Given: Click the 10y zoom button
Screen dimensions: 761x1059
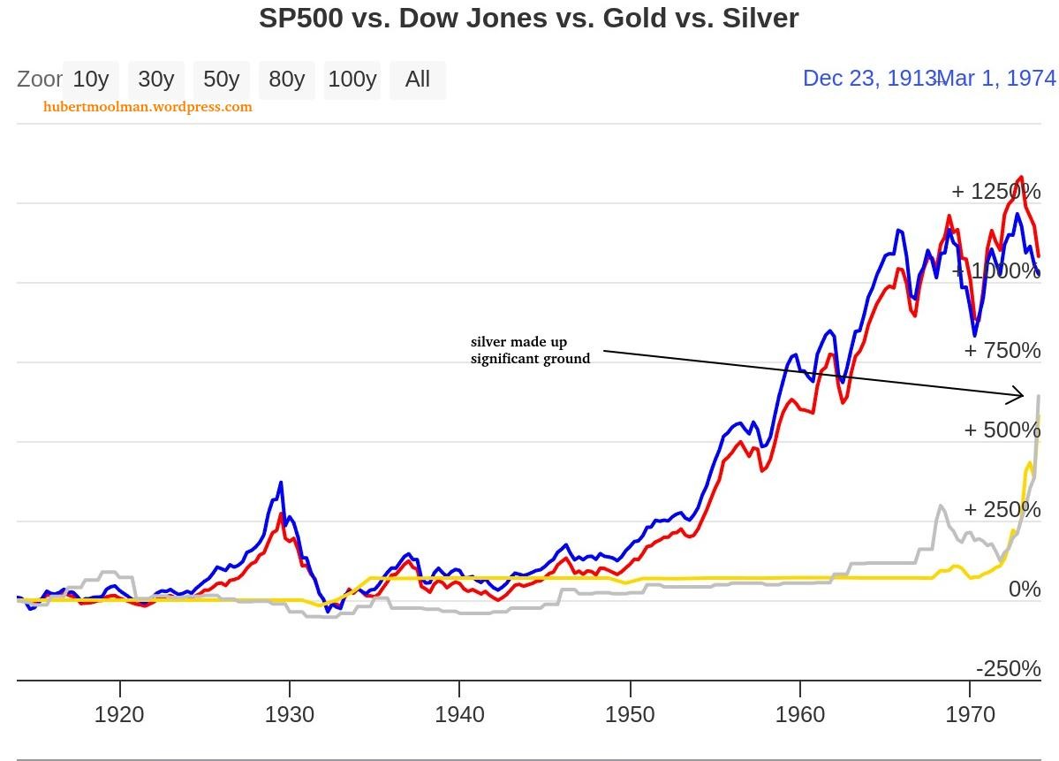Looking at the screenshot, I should pos(90,80).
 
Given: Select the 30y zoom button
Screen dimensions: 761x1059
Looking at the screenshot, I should pos(156,80).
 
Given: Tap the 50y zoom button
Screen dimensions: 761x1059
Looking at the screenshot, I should pos(221,80).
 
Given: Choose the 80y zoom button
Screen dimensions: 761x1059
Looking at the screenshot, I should pos(286,80).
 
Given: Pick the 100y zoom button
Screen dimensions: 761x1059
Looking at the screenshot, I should pos(352,80).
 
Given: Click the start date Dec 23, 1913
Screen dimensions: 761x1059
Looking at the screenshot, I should pos(867,79).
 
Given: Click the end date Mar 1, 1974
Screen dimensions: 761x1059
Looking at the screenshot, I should pos(999,79).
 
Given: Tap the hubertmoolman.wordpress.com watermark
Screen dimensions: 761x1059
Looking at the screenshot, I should pos(148,107).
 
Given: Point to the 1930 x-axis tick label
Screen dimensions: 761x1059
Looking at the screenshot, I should pos(290,714).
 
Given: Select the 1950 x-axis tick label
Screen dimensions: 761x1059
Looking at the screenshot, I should pos(630,714).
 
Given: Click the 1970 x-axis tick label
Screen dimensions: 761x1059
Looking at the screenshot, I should pos(970,714).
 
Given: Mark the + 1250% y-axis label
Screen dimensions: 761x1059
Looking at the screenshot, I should pos(995,192).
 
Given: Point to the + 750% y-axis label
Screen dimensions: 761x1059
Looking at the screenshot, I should pos(1002,351).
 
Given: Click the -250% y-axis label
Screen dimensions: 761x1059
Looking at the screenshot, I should pos(1008,669).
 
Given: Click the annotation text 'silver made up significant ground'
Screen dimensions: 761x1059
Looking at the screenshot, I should pos(530,350).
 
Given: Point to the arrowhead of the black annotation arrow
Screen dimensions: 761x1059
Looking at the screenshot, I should pos(1021,394).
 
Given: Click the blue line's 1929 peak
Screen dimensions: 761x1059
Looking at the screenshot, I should pos(281,483).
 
